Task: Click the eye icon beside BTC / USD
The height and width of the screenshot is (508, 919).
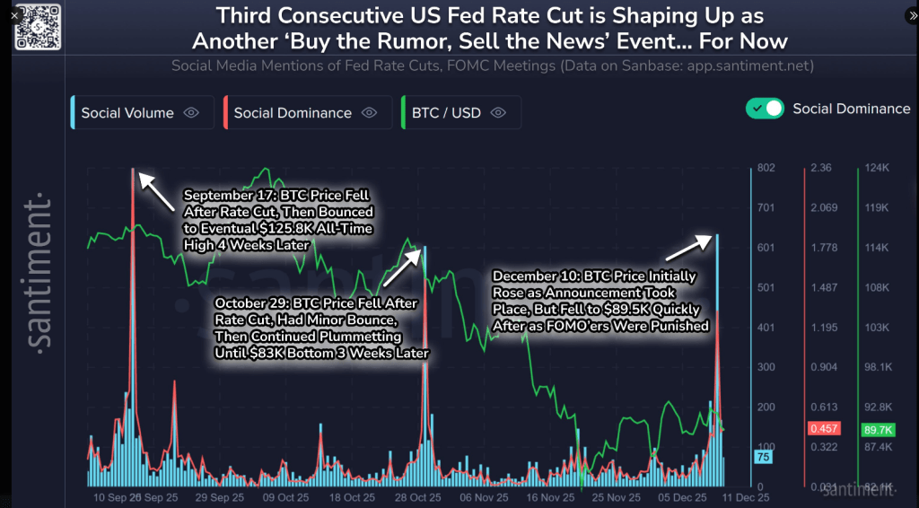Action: [x=499, y=113]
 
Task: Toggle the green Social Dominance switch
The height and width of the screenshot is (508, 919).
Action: [x=766, y=109]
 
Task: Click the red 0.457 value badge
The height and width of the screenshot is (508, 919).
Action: [x=824, y=429]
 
